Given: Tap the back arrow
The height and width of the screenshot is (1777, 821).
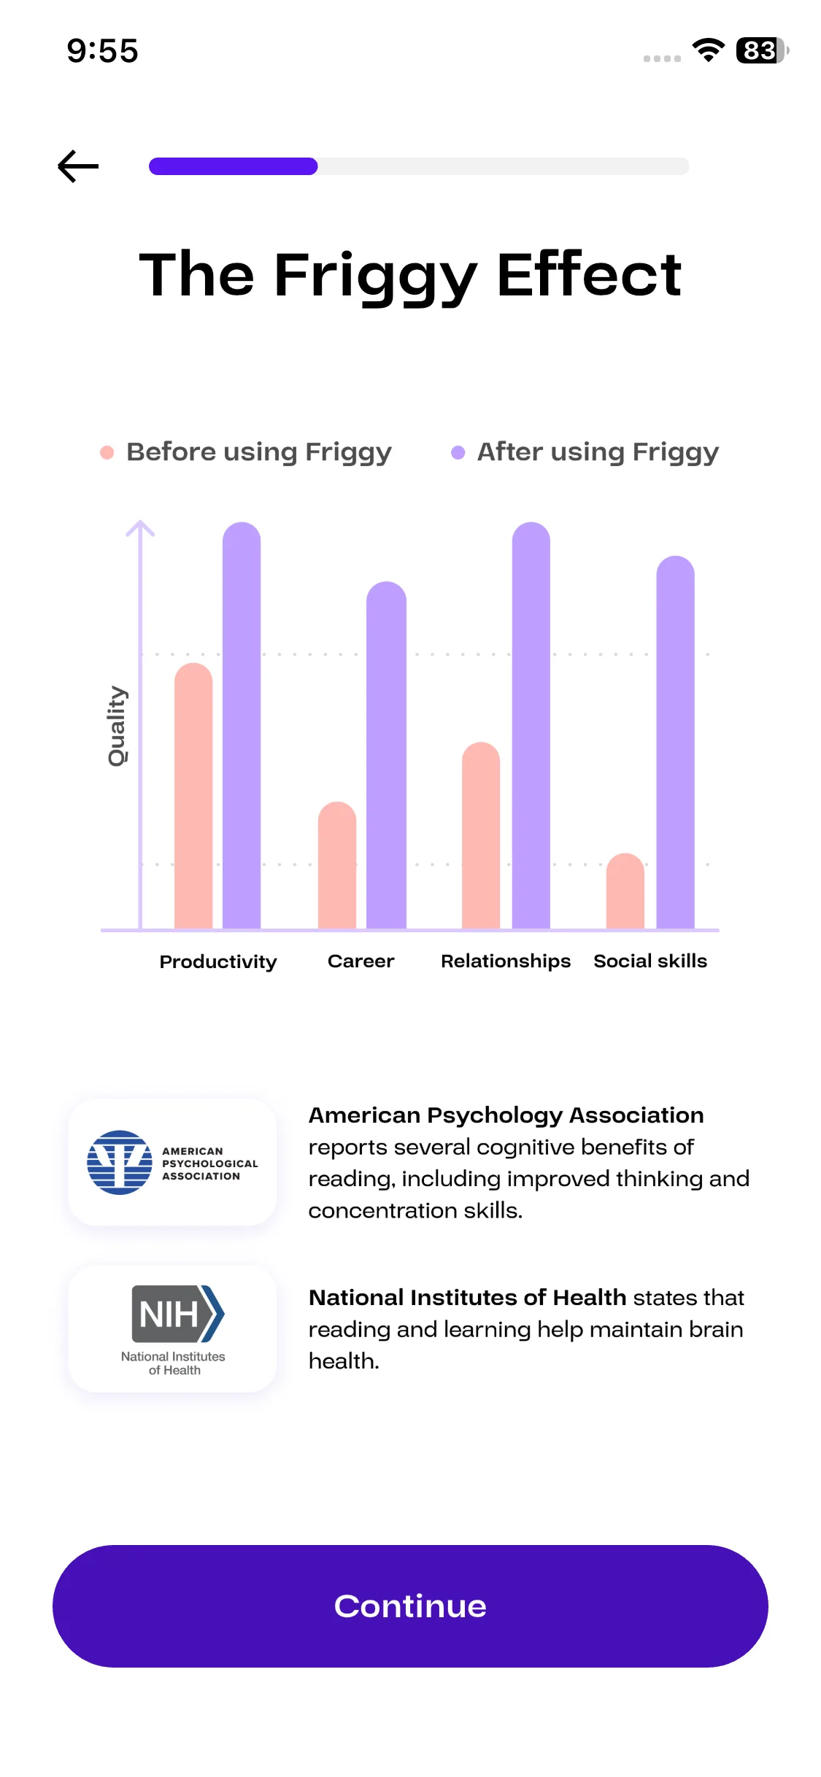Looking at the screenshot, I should [x=78, y=166].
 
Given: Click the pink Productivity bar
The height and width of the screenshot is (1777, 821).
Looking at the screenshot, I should [x=193, y=795].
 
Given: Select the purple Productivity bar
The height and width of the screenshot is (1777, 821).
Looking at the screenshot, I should [x=242, y=726].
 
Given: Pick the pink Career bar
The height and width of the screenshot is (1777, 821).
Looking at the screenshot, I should [x=337, y=865].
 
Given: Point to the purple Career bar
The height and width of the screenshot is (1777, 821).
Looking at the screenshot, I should [x=386, y=755].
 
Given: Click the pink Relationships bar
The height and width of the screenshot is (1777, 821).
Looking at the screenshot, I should [x=481, y=835].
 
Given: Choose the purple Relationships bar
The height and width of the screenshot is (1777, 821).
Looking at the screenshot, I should [x=531, y=726].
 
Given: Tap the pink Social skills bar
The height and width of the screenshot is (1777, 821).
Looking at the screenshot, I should [x=625, y=891].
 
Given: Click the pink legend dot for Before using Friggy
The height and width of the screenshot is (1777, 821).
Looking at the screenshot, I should [x=107, y=452].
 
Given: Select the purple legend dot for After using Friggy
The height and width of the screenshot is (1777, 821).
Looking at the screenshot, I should [x=458, y=452].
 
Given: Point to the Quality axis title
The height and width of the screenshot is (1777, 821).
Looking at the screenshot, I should [x=117, y=726].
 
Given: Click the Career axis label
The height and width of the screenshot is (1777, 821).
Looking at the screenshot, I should [x=361, y=961].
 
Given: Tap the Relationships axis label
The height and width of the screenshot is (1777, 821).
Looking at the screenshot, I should [x=506, y=961].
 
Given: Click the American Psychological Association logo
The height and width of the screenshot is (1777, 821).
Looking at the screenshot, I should [x=172, y=1162].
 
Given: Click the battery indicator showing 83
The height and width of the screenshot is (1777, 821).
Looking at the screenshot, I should [x=761, y=51].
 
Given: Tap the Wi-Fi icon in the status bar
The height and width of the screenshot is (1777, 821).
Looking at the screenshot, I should [x=708, y=50].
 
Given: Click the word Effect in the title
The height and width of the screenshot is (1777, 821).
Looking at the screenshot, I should [x=589, y=275].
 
